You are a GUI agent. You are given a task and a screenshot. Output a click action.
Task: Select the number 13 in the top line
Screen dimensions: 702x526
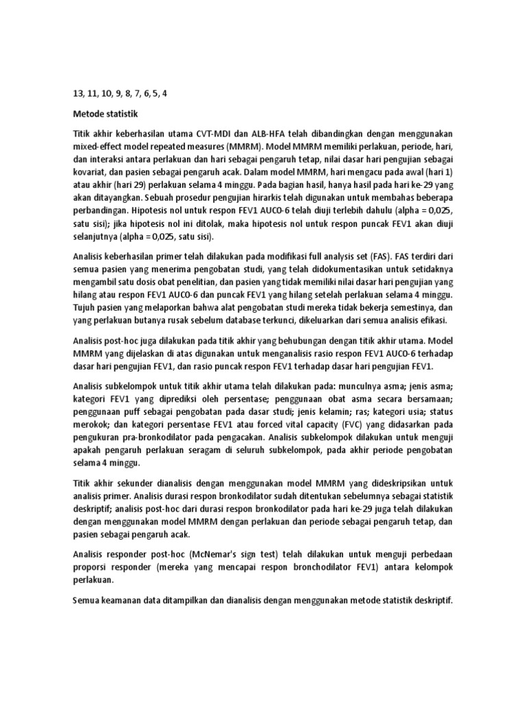(x=77, y=93)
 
